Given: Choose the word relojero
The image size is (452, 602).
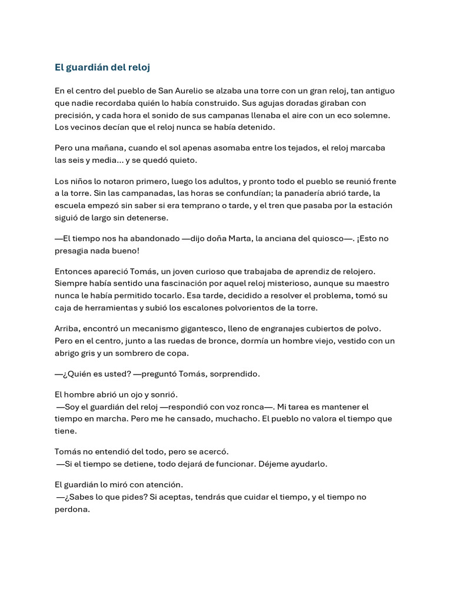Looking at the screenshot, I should pyautogui.click(x=354, y=271).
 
